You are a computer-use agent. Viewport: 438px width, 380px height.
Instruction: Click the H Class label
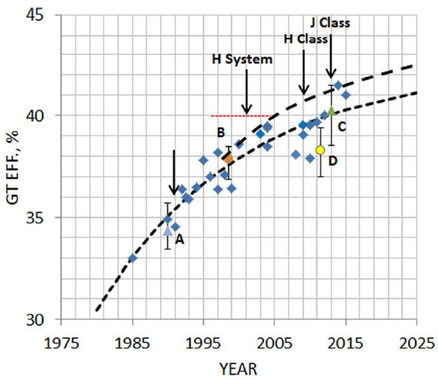pyautogui.click(x=307, y=38)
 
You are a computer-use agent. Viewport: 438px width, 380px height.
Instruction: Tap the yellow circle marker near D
pyautogui.click(x=320, y=150)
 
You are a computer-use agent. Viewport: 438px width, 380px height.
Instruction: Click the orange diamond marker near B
pyautogui.click(x=229, y=159)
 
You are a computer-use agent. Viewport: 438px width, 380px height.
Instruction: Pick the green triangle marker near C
pyautogui.click(x=331, y=112)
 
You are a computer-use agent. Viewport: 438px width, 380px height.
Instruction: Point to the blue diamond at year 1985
pyautogui.click(x=132, y=258)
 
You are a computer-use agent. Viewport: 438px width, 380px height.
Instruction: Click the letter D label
pyautogui.click(x=333, y=162)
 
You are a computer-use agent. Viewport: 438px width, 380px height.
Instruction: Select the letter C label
pyautogui.click(x=341, y=126)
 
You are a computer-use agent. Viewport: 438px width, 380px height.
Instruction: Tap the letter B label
pyautogui.click(x=220, y=132)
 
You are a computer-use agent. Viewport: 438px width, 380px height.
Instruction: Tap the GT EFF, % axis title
pyautogui.click(x=11, y=166)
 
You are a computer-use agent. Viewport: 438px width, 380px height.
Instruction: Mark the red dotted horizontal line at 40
pyautogui.click(x=239, y=116)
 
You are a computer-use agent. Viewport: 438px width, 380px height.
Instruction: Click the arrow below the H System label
pyautogui.click(x=247, y=92)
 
